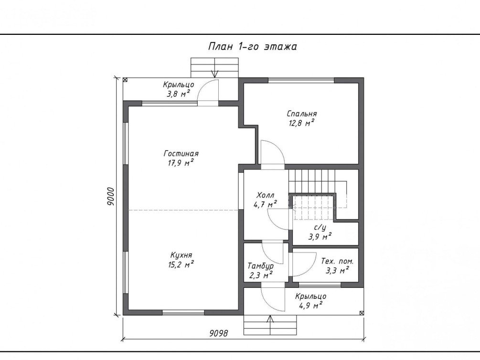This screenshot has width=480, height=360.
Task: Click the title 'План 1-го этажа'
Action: pyautogui.click(x=253, y=46)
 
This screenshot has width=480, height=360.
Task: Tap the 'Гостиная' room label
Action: pyautogui.click(x=181, y=153)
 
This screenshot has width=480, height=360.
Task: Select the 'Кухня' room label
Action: pyautogui.click(x=181, y=255)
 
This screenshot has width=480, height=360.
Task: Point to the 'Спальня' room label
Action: pyautogui.click(x=302, y=114)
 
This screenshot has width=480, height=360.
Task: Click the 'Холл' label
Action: pyautogui.click(x=266, y=195)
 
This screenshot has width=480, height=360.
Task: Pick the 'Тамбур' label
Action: pyautogui.click(x=260, y=266)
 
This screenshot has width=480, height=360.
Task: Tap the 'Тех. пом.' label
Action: pyautogui.click(x=337, y=262)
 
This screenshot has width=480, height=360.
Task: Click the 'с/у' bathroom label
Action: pyautogui.click(x=320, y=227)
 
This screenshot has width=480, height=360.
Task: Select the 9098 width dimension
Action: pyautogui.click(x=219, y=333)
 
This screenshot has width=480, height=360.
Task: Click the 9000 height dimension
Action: pyautogui.click(x=110, y=196)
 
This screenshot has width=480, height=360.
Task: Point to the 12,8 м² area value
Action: pyautogui.click(x=302, y=123)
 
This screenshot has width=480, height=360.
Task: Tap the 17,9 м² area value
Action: pyautogui.click(x=181, y=162)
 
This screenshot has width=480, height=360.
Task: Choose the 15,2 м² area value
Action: pyautogui.click(x=181, y=264)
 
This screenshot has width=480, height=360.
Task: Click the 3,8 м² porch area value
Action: pyautogui.click(x=179, y=94)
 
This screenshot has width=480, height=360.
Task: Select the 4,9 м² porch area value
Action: pyautogui.click(x=311, y=305)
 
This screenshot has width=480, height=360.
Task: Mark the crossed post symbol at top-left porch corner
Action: pyautogui.click(x=125, y=80)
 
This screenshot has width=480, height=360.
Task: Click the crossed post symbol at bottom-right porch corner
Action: pyautogui.click(x=362, y=313)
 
